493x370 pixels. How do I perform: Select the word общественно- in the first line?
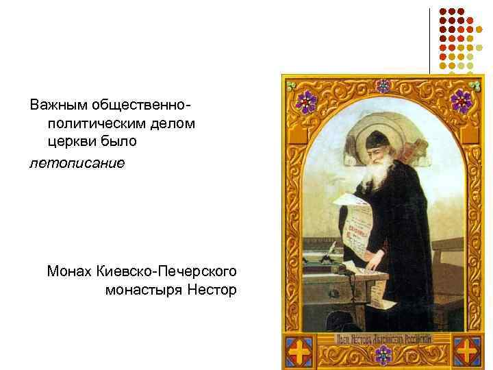pyautogui.click(x=142, y=106)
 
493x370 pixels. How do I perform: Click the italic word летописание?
pyautogui.click(x=77, y=164)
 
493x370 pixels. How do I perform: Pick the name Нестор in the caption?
pyautogui.click(x=212, y=291)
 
